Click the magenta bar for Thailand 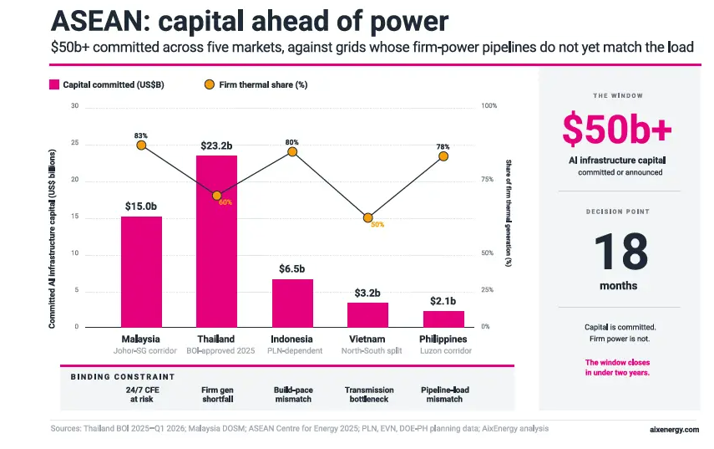click(x=217, y=241)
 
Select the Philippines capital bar click(x=443, y=319)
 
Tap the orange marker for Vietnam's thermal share click(x=368, y=218)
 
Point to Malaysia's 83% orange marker click(x=141, y=145)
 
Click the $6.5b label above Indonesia click(x=292, y=269)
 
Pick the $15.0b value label click(x=140, y=207)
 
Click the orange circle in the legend click(x=210, y=84)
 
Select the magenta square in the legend click(x=54, y=84)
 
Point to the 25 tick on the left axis click(x=74, y=143)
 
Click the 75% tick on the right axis click(x=487, y=180)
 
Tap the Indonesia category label click(x=291, y=339)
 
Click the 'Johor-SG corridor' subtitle click(x=144, y=351)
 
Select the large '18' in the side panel click(x=620, y=252)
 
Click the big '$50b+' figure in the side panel click(x=617, y=129)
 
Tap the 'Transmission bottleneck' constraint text click(x=369, y=395)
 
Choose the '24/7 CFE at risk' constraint click(x=143, y=395)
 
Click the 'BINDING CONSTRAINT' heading click(x=123, y=377)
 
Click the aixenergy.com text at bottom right click(x=675, y=430)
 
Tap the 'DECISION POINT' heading click(x=618, y=212)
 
